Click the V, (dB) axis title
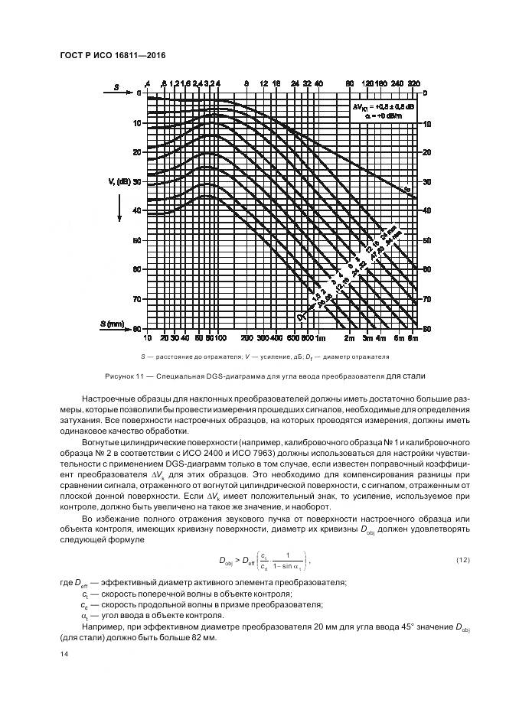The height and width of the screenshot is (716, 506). point(118,181)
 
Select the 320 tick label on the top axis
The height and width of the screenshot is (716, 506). point(414,83)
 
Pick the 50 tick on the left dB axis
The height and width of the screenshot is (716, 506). point(138,240)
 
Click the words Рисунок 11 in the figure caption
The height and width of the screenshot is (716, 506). point(129,376)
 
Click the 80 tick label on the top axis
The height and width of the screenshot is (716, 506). point(349,83)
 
